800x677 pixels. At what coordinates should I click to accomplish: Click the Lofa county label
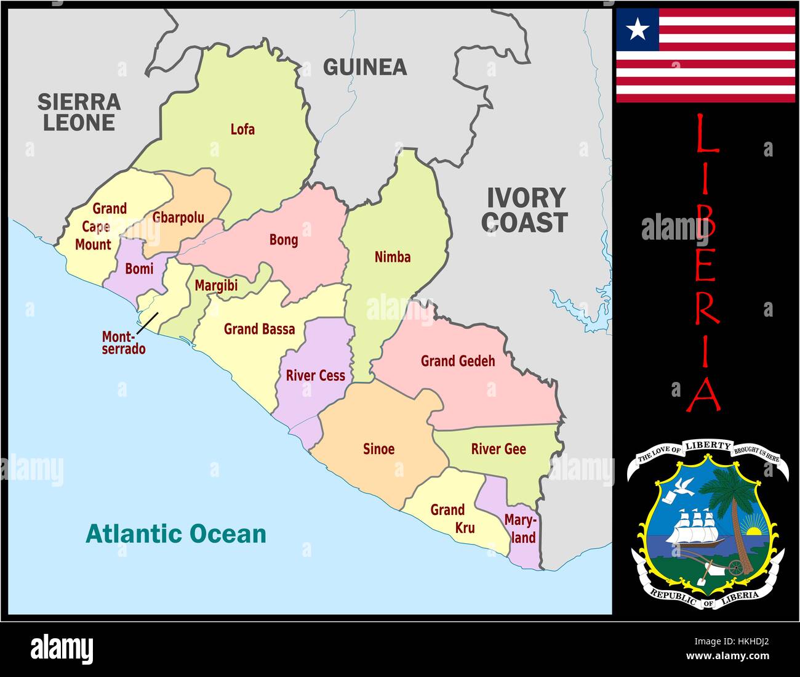(242, 129)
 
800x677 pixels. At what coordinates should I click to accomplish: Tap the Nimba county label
(393, 257)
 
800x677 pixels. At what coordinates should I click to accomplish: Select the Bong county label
(284, 240)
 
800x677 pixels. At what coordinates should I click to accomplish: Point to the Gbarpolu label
(178, 217)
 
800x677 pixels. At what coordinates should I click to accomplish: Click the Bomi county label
(139, 269)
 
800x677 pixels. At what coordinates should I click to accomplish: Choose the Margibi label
(216, 286)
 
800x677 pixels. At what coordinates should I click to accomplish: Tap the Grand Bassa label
(259, 329)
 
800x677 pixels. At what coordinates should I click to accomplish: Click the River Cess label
(315, 375)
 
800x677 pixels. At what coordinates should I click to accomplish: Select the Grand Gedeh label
(458, 361)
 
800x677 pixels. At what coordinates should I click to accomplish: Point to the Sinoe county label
(378, 448)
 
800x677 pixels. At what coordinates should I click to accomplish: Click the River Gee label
(498, 449)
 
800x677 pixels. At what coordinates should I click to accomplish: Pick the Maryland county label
(521, 529)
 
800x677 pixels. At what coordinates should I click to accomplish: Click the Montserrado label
(124, 343)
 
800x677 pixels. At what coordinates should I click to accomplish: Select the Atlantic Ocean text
(176, 533)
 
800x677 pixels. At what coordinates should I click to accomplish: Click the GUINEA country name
(365, 67)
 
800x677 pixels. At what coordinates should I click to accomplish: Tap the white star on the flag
(638, 28)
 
